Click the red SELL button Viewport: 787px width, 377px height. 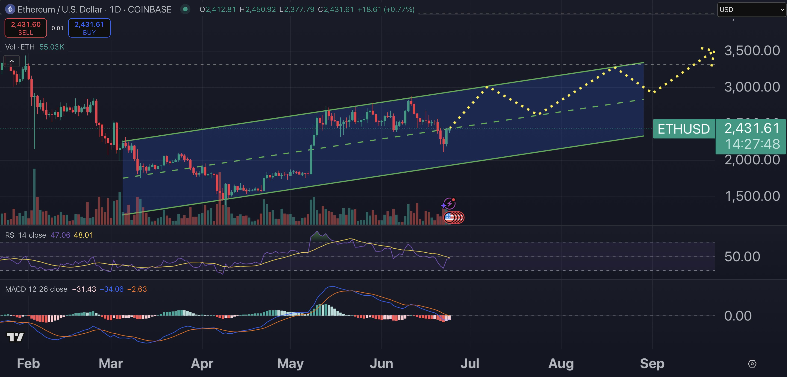tap(26, 28)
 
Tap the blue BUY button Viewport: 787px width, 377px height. tap(89, 28)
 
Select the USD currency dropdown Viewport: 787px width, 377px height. tap(751, 9)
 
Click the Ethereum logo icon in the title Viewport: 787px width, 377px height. tap(10, 9)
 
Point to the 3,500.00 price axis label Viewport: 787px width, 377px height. tap(752, 50)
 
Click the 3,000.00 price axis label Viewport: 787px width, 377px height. tap(752, 87)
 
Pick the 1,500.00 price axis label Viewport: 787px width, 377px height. tap(752, 196)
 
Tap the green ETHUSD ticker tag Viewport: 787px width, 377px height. tap(683, 129)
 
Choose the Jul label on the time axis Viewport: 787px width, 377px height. tap(470, 364)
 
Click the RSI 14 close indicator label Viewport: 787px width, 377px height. tap(26, 235)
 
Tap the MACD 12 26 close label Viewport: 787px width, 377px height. tap(36, 289)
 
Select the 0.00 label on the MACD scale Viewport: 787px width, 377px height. tap(738, 316)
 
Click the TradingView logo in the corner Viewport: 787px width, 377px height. tap(15, 337)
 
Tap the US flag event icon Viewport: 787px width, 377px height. tap(449, 217)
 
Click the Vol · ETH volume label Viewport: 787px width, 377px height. tap(20, 47)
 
